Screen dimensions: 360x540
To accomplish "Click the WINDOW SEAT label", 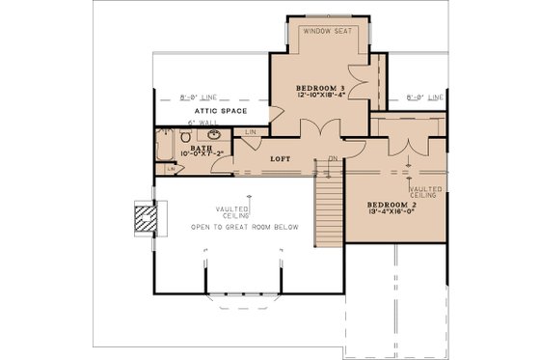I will (326, 31).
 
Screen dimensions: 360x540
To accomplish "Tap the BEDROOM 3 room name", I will (320, 88).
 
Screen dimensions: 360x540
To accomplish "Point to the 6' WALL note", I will (203, 124).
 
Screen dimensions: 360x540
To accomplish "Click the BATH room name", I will (202, 149).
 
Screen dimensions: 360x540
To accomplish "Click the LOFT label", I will (282, 158).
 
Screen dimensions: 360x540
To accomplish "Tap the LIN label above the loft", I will (251, 132).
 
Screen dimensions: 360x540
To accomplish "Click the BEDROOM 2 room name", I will (391, 207).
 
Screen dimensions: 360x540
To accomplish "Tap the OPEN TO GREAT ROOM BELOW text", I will (244, 227).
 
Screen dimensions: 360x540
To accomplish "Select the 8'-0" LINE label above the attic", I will (199, 97).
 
